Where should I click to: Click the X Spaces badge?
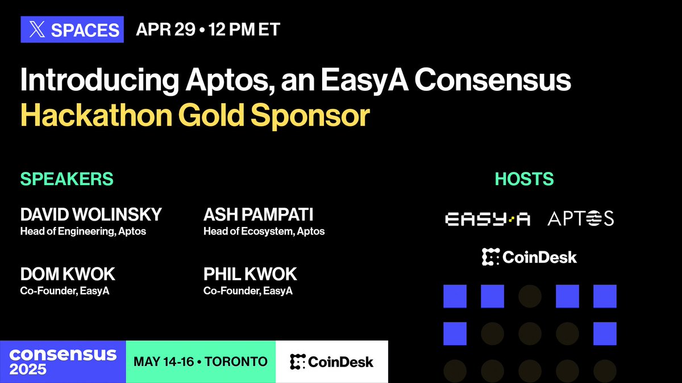click(x=72, y=30)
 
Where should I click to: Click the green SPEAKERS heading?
click(x=67, y=179)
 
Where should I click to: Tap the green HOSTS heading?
click(x=524, y=179)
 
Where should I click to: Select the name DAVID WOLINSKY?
click(x=91, y=214)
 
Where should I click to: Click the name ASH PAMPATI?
click(x=259, y=214)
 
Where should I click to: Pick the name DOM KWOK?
click(x=68, y=275)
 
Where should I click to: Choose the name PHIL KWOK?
click(x=250, y=275)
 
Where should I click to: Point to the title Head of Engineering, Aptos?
click(x=83, y=232)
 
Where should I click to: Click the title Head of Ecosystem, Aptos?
click(x=264, y=232)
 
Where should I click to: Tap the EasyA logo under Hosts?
click(x=487, y=219)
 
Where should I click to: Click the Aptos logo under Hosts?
click(x=580, y=219)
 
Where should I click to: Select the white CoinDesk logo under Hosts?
click(x=529, y=257)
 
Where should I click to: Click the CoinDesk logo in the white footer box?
click(x=331, y=361)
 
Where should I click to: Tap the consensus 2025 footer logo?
click(x=63, y=361)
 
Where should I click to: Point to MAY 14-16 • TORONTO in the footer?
click(x=200, y=361)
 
